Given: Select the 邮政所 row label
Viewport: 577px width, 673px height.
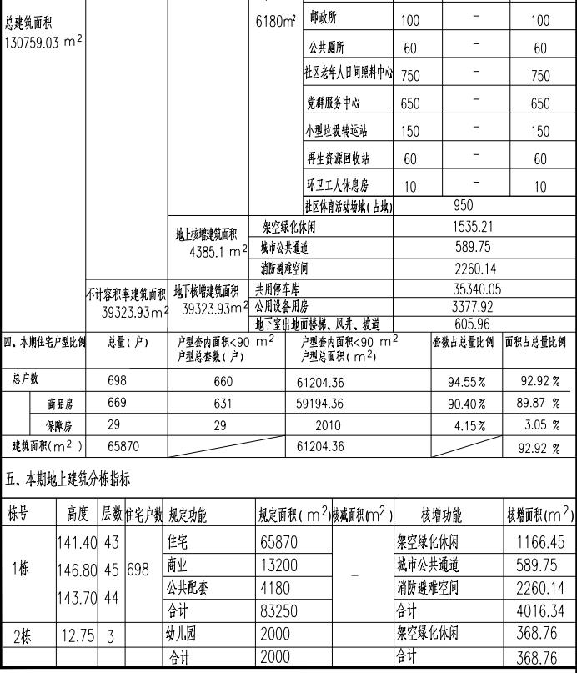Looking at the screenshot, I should (324, 18).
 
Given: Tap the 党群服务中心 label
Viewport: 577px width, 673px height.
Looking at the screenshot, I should (336, 103).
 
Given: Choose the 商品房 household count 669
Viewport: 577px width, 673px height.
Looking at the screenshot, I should (118, 404).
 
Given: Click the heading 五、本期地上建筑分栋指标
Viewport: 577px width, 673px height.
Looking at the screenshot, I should (68, 480).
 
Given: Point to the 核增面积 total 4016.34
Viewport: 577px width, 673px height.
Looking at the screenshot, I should (540, 611).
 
